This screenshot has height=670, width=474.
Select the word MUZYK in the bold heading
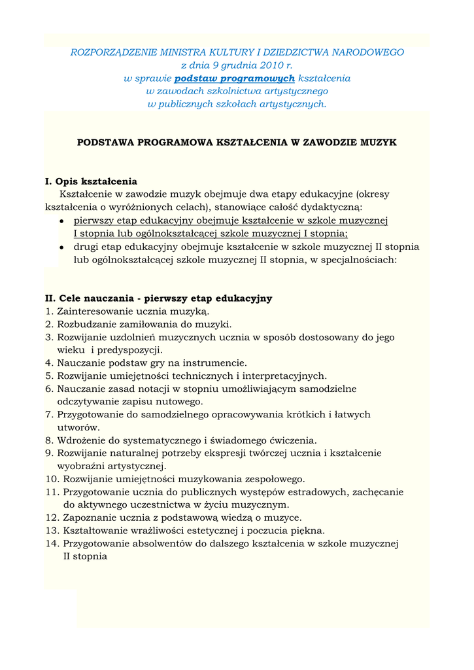(379, 142)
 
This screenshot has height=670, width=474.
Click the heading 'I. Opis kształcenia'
(91, 181)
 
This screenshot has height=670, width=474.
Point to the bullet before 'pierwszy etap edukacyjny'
(61, 221)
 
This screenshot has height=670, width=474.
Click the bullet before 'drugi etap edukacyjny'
(61, 247)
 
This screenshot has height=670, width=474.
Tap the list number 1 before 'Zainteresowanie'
(49, 311)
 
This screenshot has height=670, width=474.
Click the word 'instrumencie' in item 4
(218, 362)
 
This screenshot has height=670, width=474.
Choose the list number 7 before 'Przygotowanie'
(49, 414)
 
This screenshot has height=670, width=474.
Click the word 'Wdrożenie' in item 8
(79, 440)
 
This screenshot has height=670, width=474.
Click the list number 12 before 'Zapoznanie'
(52, 518)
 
